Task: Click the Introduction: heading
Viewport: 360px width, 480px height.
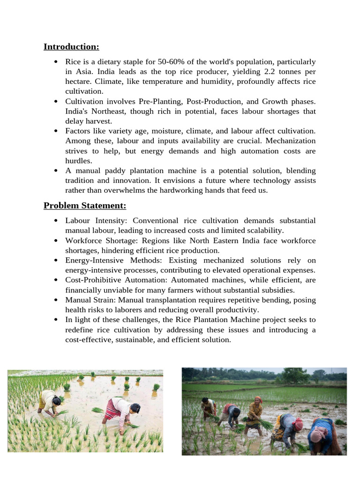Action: (71, 46)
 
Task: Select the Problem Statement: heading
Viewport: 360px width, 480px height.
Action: (85, 206)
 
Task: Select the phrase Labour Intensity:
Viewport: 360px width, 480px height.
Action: (97, 220)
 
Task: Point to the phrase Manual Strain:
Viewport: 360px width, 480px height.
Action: (90, 300)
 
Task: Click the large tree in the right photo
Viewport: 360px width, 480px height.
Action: (294, 375)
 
